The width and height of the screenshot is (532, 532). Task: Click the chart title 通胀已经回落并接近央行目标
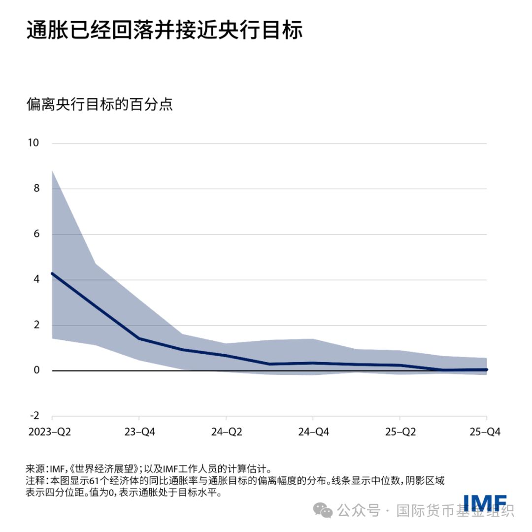click(164, 31)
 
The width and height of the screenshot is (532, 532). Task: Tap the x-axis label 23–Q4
click(139, 432)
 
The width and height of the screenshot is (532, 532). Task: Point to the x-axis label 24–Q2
click(226, 432)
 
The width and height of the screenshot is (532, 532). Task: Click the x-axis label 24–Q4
click(313, 432)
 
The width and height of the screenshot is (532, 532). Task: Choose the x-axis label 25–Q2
click(400, 432)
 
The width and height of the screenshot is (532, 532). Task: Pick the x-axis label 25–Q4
click(485, 432)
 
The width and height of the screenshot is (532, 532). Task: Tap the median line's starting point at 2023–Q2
click(52, 273)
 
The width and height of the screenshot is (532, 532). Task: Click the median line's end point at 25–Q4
click(487, 369)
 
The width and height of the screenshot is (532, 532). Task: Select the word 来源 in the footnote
click(34, 468)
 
